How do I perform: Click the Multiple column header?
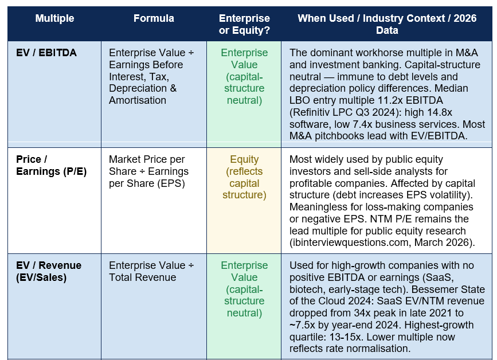[54, 18]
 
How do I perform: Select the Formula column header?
[154, 18]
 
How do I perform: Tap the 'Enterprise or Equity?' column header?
[244, 24]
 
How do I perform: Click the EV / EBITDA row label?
[46, 53]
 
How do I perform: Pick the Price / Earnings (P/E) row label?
[52, 165]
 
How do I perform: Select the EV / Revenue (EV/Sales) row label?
[49, 271]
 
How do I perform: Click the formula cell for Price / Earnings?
[148, 171]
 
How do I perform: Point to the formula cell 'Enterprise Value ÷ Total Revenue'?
[151, 271]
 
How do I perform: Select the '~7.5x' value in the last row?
[302, 325]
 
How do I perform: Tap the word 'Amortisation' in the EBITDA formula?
[138, 100]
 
